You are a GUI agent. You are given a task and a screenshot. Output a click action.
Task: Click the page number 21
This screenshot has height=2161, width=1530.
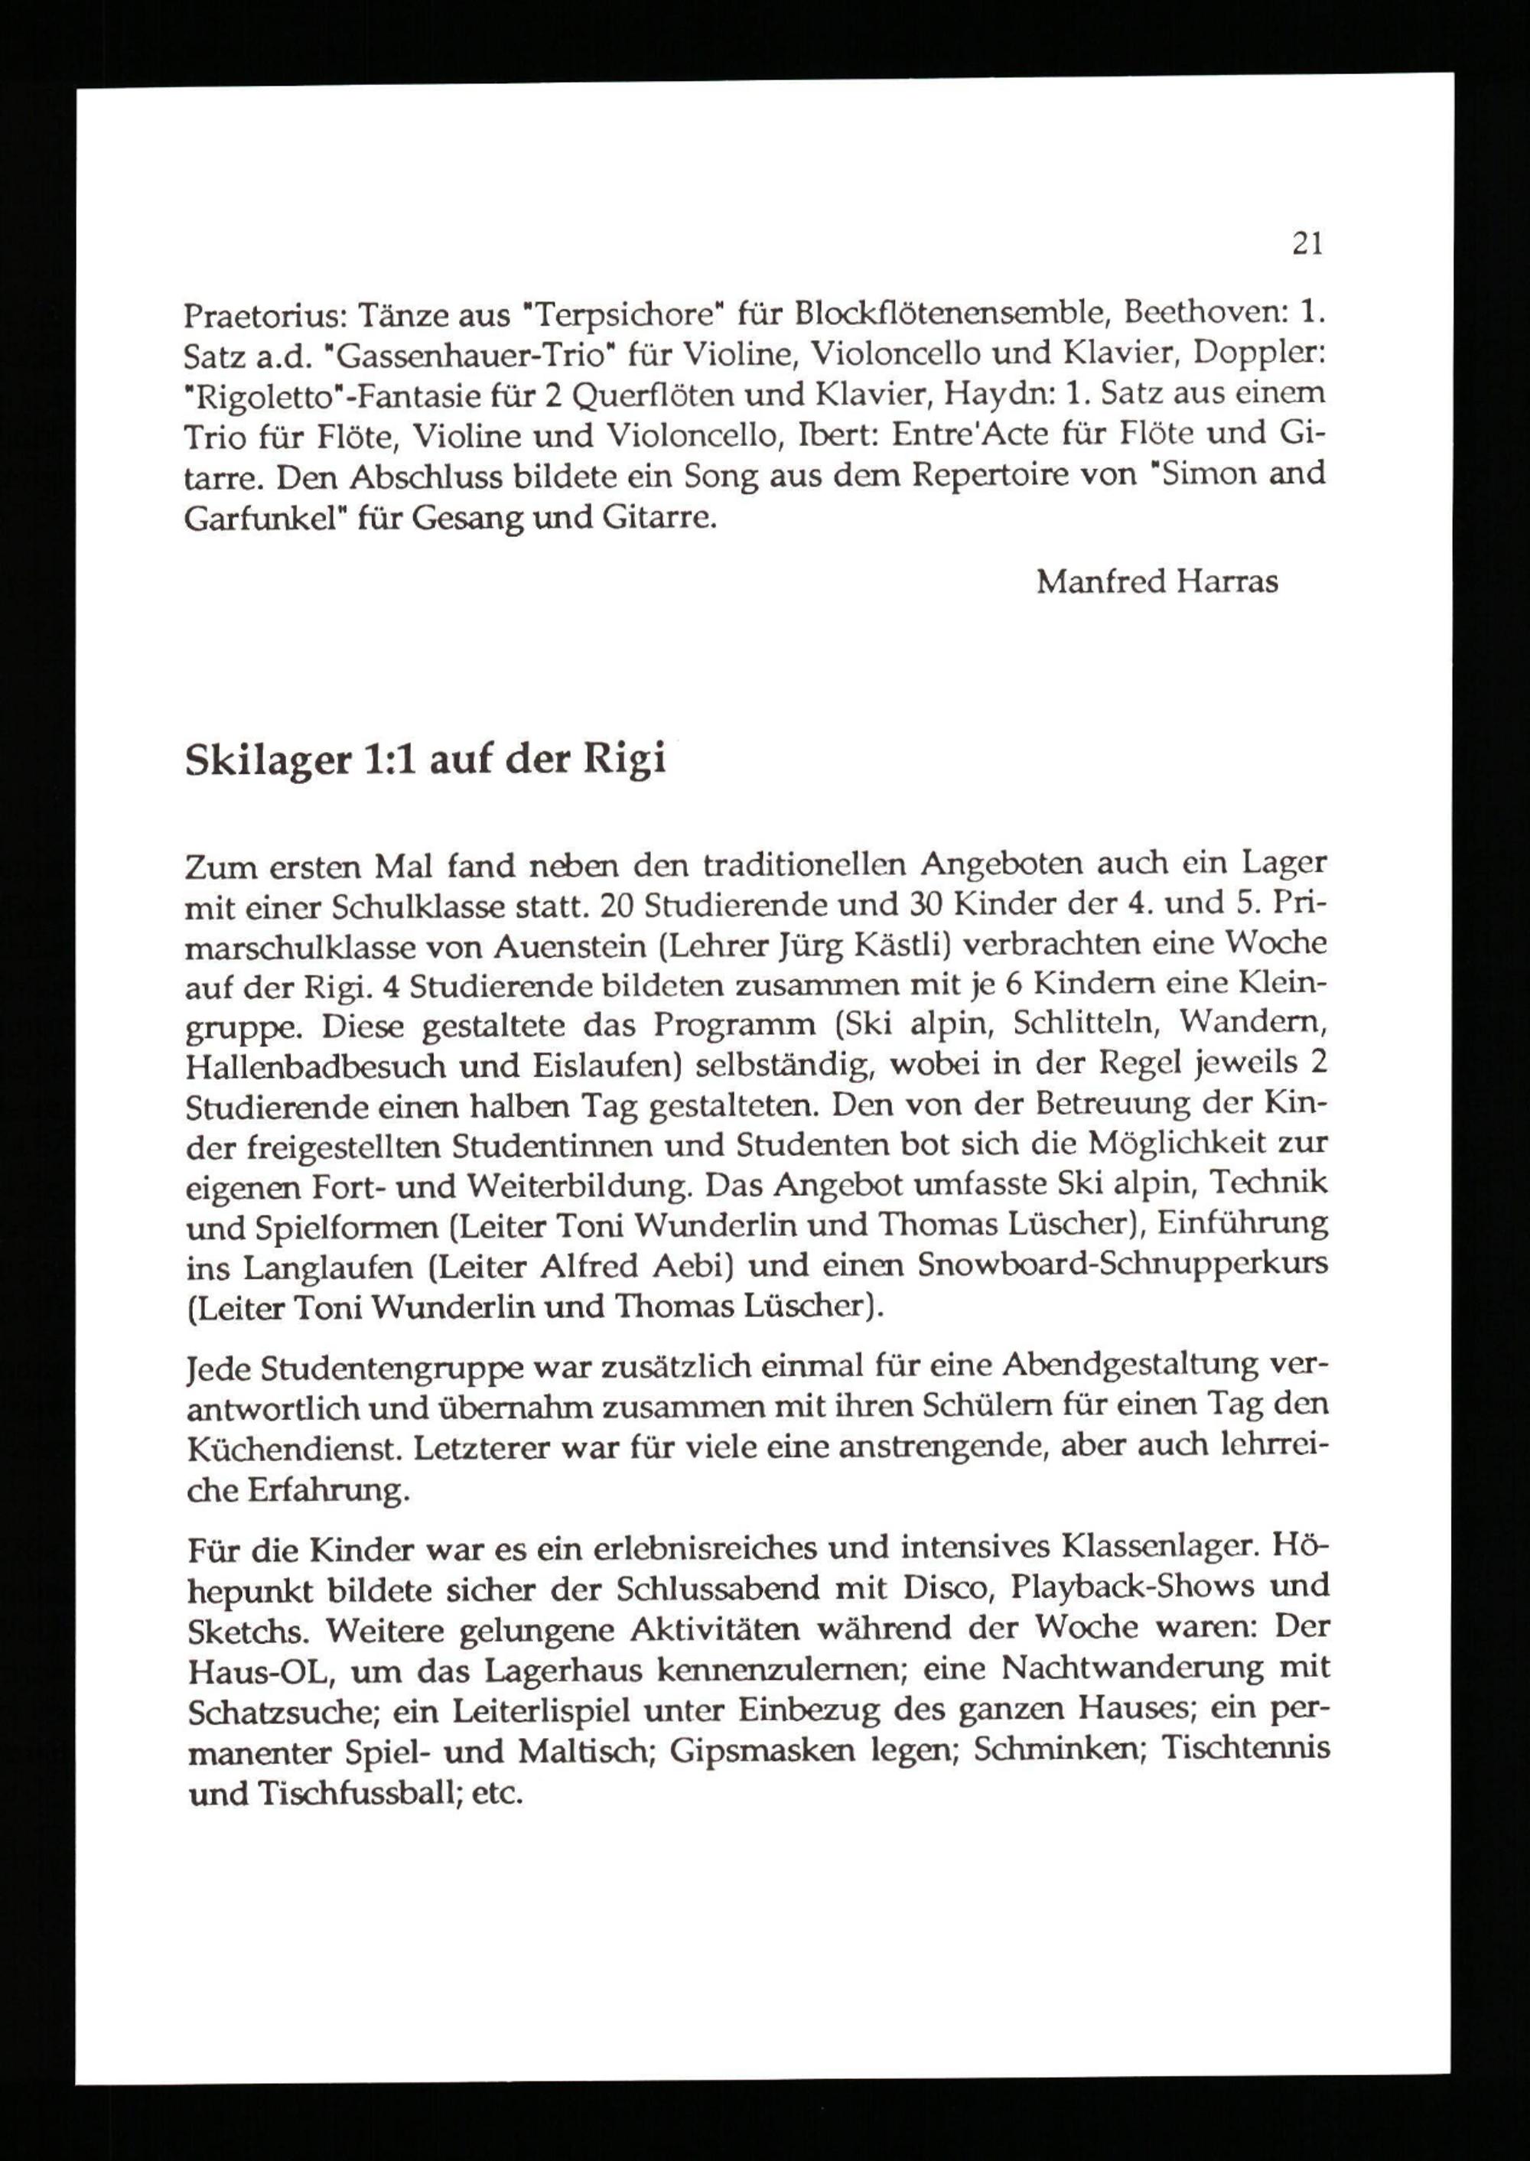pyautogui.click(x=1307, y=244)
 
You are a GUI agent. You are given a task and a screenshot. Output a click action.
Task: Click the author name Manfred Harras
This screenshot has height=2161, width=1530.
pyautogui.click(x=1157, y=582)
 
